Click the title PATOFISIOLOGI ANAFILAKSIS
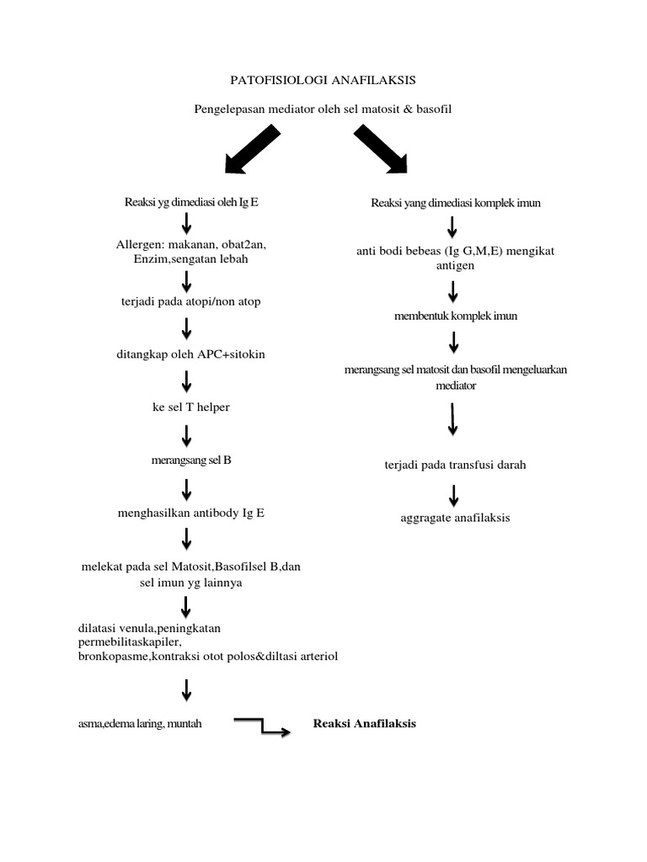323,80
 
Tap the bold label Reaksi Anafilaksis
365,723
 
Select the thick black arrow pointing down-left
252,150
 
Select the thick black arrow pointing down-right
381,150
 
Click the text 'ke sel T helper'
187,407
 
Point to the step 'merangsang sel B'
187,460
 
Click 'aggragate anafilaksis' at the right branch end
455,517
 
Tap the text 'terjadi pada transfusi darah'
454,465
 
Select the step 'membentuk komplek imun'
455,317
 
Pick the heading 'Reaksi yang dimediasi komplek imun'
455,203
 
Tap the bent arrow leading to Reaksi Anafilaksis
262,726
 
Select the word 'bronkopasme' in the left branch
110,656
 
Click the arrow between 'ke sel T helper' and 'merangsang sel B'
187,434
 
